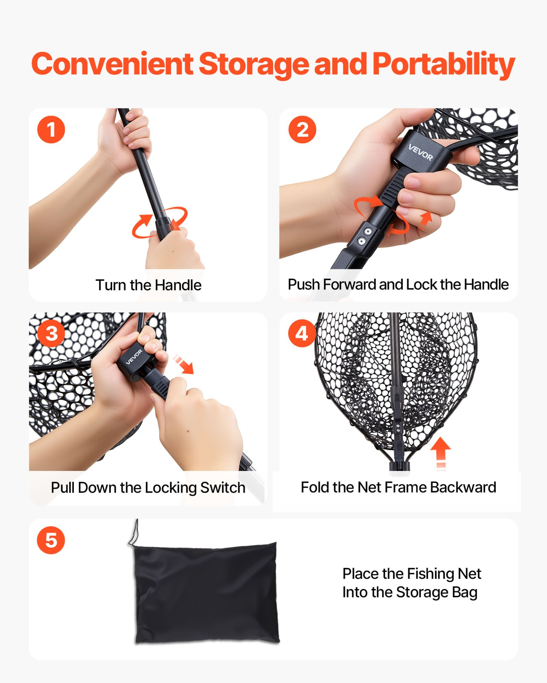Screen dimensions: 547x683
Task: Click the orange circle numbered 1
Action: click(x=51, y=129)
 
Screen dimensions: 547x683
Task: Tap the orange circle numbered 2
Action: click(x=302, y=129)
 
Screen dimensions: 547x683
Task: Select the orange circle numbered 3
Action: click(x=52, y=333)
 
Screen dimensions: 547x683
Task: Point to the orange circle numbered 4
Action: click(x=302, y=333)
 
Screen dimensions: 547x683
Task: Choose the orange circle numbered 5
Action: click(x=51, y=540)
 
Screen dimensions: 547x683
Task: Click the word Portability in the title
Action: click(x=444, y=65)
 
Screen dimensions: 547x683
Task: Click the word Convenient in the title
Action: click(x=113, y=64)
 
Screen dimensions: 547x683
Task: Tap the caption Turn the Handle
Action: click(x=149, y=285)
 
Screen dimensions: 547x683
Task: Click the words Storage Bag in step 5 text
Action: click(x=437, y=593)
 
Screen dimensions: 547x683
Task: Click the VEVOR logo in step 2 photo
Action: click(x=421, y=152)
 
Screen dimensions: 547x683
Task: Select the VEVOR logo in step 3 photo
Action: click(x=134, y=357)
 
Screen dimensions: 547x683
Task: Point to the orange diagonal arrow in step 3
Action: click(x=183, y=364)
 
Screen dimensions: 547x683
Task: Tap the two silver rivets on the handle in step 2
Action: click(x=365, y=237)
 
